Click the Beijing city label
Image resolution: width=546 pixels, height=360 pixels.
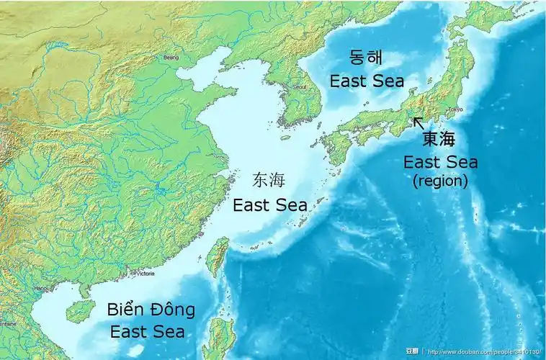(x=171, y=57)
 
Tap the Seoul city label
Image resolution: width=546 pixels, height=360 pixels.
(x=298, y=86)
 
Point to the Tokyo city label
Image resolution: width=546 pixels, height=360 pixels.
(x=455, y=109)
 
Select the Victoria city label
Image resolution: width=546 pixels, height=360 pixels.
(x=145, y=274)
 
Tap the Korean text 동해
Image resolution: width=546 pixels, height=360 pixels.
(x=367, y=58)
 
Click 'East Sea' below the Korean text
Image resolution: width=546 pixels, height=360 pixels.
(x=367, y=80)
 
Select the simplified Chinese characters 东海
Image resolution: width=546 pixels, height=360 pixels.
(x=263, y=180)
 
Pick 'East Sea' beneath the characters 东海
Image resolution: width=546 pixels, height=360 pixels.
(x=269, y=204)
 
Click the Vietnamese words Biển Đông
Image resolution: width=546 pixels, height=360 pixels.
(x=151, y=310)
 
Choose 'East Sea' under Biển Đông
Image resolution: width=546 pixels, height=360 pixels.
(x=147, y=332)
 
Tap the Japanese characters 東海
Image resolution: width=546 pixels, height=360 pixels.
(x=439, y=139)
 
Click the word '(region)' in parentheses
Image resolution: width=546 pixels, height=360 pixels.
(x=440, y=181)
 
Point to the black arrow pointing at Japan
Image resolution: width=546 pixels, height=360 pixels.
(x=419, y=123)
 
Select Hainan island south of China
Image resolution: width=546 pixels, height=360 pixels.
(x=81, y=311)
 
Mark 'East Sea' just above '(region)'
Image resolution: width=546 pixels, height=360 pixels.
(x=440, y=161)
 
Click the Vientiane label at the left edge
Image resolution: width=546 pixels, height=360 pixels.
(x=9, y=325)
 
